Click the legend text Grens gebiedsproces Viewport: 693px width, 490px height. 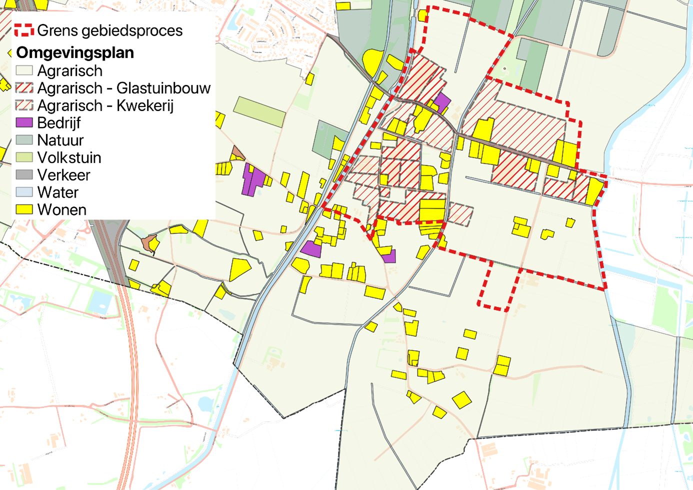109,30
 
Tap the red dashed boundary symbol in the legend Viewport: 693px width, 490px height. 24,30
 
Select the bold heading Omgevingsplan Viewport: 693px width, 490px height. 75,52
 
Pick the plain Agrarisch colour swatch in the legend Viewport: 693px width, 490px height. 24,70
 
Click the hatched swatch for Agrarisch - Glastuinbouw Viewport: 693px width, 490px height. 24,88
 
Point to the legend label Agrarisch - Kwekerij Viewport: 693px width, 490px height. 105,105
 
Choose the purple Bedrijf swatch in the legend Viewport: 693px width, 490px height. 24,122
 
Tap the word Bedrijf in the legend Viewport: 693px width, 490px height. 58,123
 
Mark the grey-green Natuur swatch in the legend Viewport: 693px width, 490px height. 24,140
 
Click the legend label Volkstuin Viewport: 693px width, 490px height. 69,157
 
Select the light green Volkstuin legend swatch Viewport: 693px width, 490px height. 24,157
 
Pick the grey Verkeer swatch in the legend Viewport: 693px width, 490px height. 24,174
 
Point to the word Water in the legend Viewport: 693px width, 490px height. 57,192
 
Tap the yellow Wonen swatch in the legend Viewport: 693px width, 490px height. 24,209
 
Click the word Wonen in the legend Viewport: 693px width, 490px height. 61,210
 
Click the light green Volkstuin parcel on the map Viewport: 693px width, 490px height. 259,111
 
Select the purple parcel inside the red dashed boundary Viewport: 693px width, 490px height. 441,102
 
